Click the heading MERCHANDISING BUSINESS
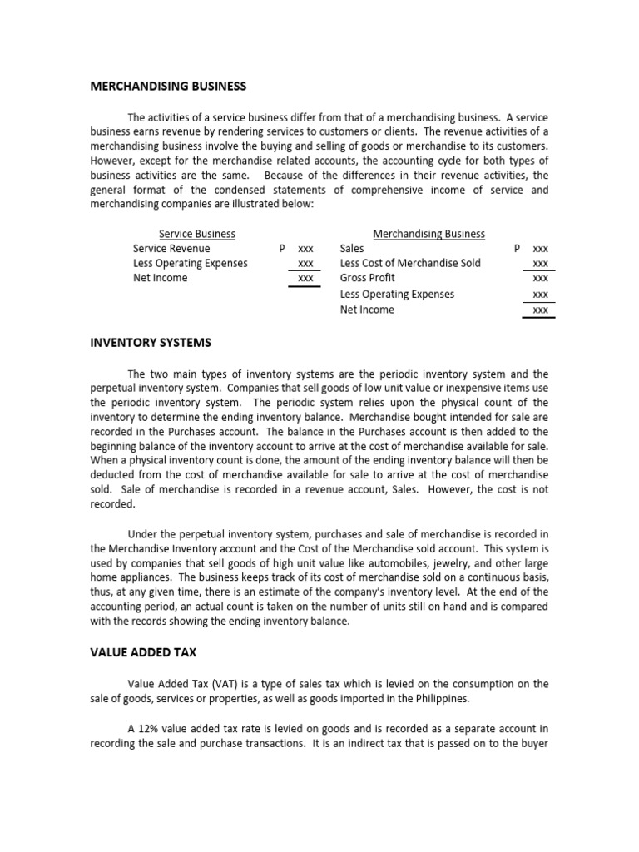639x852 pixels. click(168, 86)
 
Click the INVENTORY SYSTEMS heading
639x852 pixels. click(151, 342)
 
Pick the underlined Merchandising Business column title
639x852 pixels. click(428, 234)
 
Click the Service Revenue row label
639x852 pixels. click(171, 248)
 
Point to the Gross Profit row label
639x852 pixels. click(368, 278)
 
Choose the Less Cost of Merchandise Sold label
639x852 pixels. click(410, 263)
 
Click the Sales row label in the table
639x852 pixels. click(352, 248)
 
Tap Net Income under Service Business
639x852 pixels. click(161, 278)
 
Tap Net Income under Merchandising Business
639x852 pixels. click(367, 310)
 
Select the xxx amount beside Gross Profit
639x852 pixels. click(540, 279)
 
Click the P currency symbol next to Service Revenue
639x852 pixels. click(283, 249)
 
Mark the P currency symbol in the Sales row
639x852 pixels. click(518, 249)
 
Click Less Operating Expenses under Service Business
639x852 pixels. click(191, 263)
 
